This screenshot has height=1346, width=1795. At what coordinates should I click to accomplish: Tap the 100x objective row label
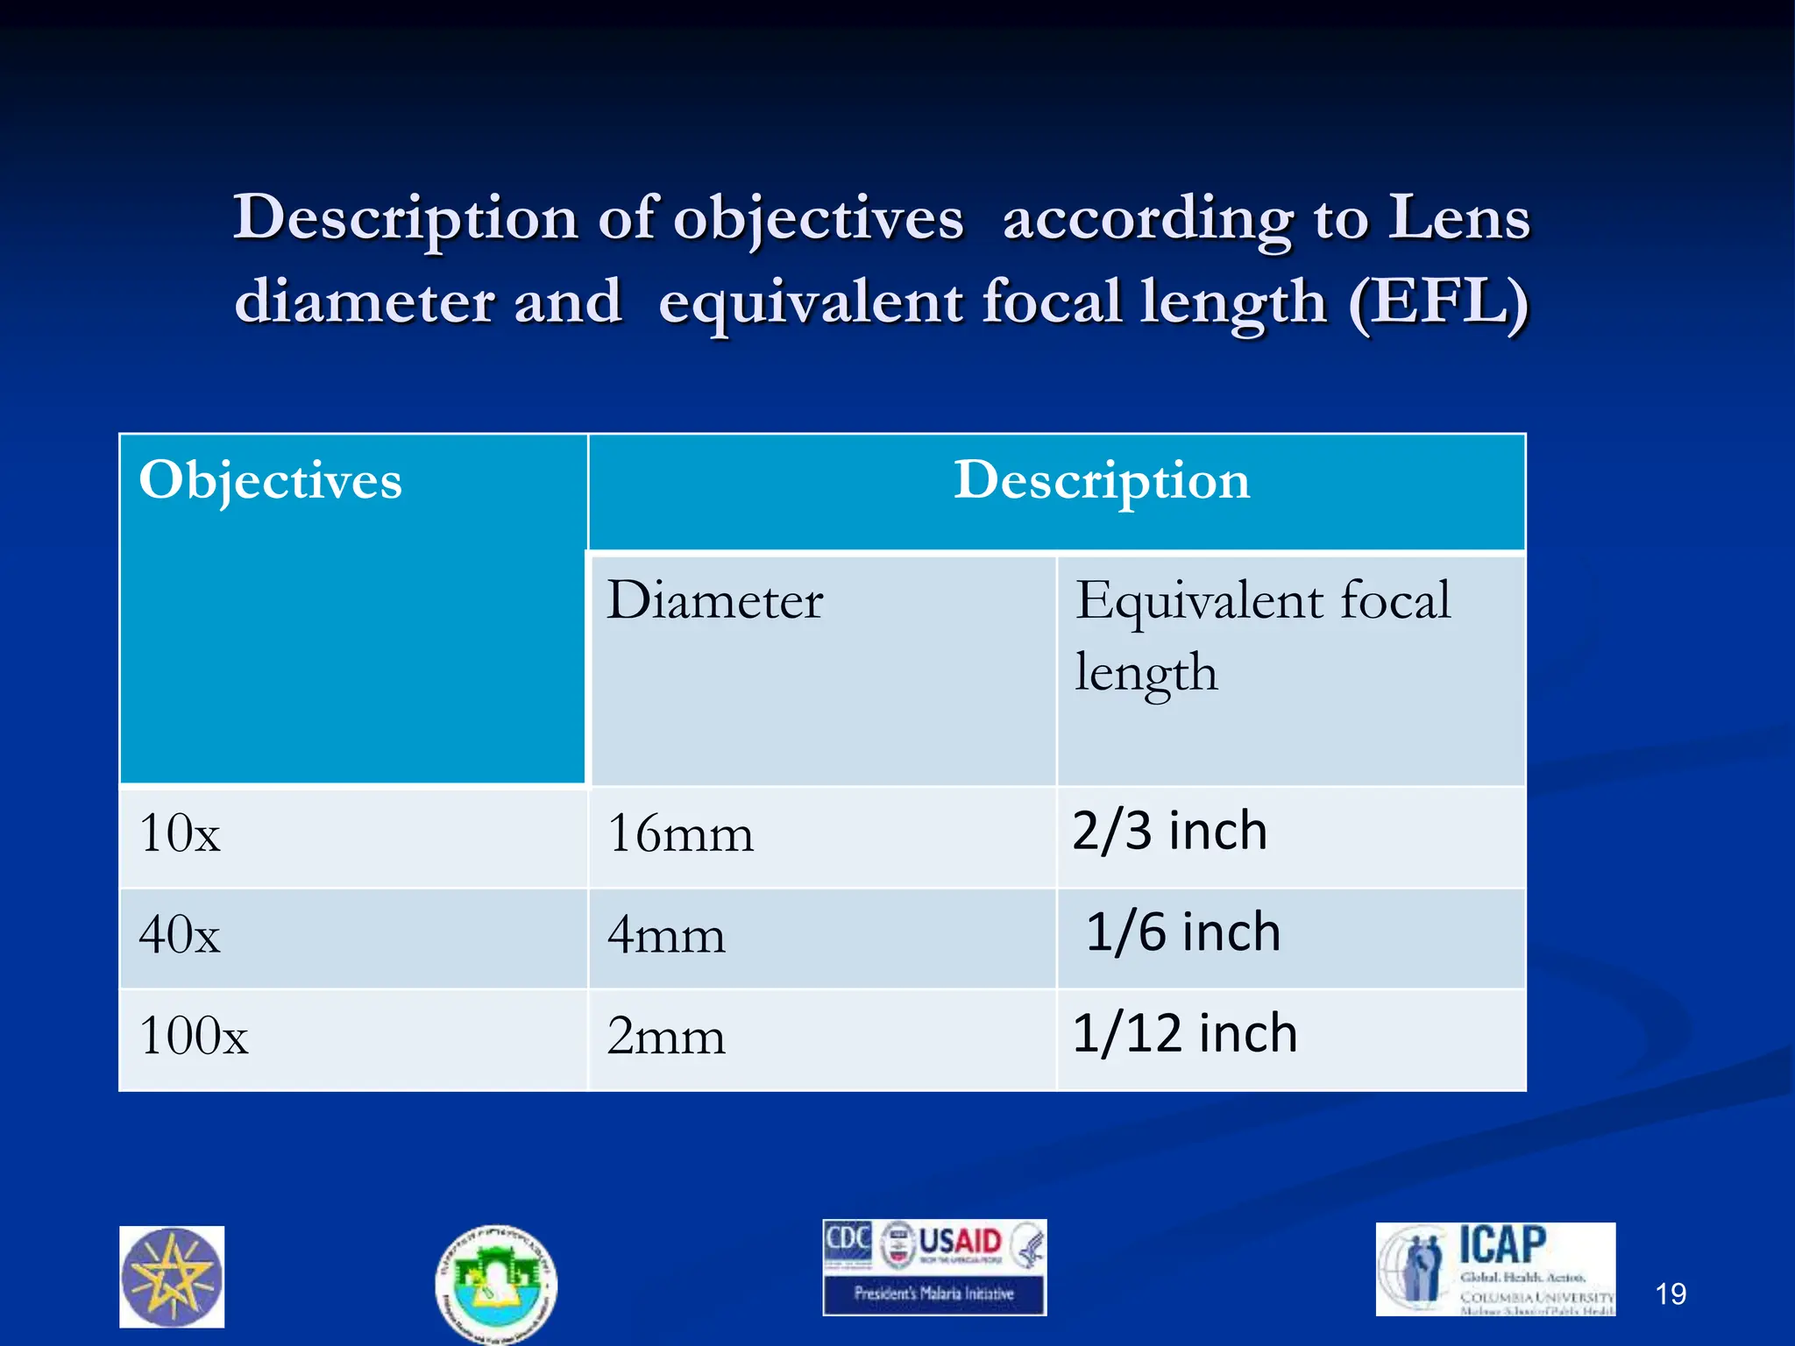(x=194, y=1036)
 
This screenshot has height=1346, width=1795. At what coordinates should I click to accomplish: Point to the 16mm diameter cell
(x=680, y=833)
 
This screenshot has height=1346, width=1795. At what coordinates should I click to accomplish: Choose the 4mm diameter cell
(x=666, y=935)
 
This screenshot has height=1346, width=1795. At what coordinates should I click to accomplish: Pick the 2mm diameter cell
(x=666, y=1037)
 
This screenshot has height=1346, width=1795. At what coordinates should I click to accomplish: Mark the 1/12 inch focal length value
(x=1184, y=1033)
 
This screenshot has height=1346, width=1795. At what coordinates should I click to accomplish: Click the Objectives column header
(x=270, y=480)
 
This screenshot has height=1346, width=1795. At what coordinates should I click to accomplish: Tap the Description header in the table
(x=1102, y=480)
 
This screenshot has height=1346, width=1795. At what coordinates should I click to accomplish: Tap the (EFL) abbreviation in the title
(x=1438, y=301)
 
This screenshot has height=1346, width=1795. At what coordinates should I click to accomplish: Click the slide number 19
(x=1671, y=1294)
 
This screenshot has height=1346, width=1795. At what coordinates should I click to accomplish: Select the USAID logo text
(x=959, y=1242)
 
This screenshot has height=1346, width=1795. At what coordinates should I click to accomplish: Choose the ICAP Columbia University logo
(x=1495, y=1269)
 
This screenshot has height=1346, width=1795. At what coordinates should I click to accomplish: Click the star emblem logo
(x=172, y=1277)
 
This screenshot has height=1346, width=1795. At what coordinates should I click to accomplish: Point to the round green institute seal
(x=496, y=1283)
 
